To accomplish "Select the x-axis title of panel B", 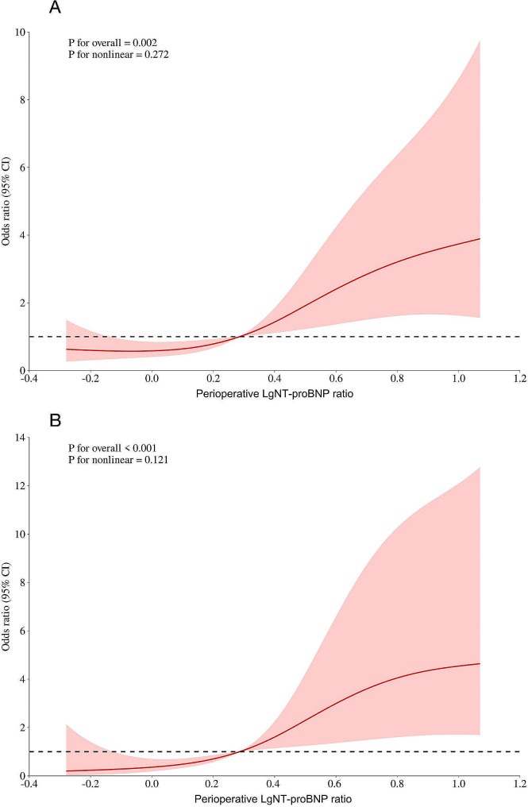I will pyautogui.click(x=273, y=801).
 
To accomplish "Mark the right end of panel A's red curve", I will pyautogui.click(x=480, y=239).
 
